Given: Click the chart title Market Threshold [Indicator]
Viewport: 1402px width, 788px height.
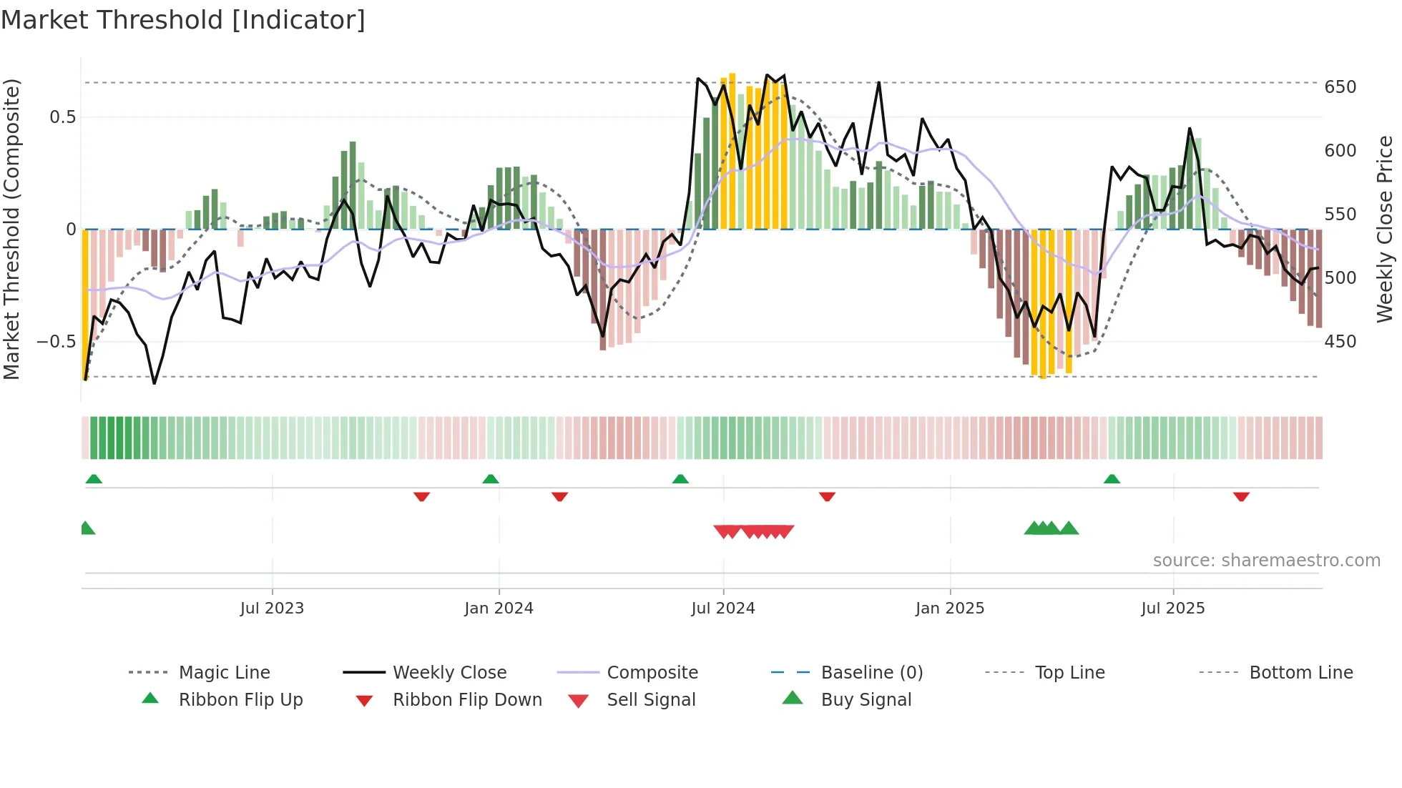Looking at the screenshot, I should (183, 20).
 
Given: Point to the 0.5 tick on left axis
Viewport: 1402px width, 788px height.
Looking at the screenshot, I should (62, 117).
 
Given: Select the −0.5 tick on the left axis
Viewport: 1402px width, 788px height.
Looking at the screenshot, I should (56, 342).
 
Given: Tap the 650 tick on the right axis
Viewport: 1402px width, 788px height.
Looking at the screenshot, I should (1340, 87).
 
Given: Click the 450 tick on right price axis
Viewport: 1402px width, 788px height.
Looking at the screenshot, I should (1340, 342).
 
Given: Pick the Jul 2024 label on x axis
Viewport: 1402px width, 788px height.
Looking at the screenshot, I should (722, 609).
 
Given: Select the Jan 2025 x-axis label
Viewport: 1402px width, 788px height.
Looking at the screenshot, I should (949, 609).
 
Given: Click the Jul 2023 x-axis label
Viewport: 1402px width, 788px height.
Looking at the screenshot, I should (272, 609).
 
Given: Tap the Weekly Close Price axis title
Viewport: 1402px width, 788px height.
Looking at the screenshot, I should (1385, 229).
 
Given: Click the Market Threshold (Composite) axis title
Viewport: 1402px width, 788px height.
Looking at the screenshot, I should (11, 229).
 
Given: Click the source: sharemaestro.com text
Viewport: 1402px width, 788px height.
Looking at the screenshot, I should (1266, 561).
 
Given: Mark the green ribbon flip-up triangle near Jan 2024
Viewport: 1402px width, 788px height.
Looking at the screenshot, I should (491, 479).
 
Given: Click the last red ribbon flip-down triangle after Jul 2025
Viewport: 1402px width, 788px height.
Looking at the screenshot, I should (1241, 496).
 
